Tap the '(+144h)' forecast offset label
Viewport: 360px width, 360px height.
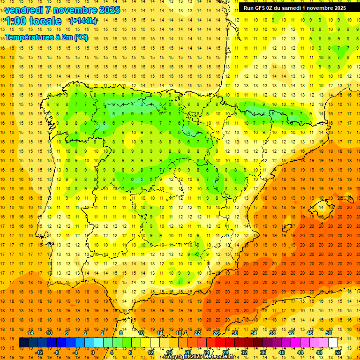coord(83,21)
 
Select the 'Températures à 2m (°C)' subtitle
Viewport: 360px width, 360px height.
coord(46,37)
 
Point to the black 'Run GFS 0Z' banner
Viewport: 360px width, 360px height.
coord(294,7)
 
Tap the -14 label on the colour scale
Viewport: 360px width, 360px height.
coord(30,333)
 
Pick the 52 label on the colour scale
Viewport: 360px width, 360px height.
coord(338,352)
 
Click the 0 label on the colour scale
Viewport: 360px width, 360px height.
coord(92,352)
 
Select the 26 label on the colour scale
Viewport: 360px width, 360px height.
coord(216,333)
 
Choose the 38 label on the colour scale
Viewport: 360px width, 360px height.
coord(272,333)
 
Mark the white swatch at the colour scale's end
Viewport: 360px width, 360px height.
coord(333,343)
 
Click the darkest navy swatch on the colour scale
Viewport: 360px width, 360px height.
coord(23,343)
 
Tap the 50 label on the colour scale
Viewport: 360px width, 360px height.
coord(329,333)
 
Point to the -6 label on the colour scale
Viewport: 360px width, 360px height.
coord(66,333)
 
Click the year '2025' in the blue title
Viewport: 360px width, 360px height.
coord(109,10)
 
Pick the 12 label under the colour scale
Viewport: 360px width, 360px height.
coord(150,352)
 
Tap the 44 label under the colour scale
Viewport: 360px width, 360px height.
coord(300,352)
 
